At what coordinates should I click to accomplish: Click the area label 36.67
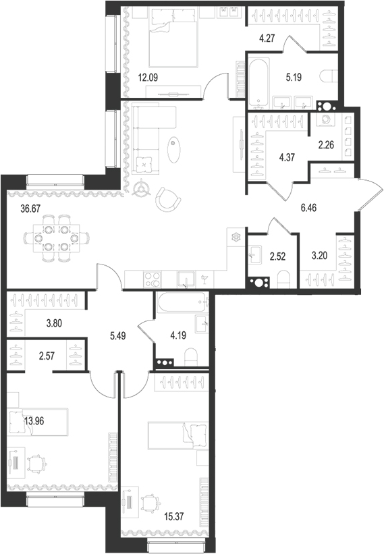[32, 209]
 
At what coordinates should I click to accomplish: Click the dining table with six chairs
[56, 238]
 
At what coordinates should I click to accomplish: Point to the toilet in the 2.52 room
[283, 279]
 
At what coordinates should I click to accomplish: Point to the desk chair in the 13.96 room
[36, 466]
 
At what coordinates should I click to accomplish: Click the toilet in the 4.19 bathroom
[192, 356]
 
